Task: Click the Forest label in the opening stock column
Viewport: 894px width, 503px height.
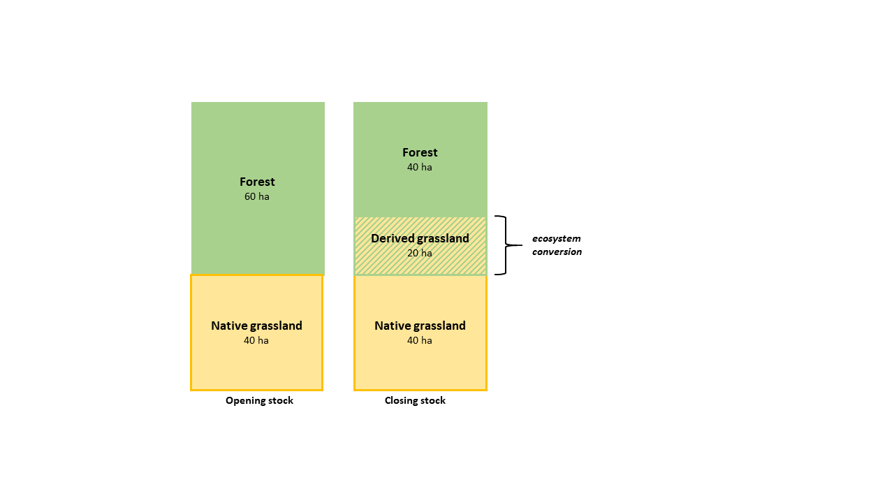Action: (x=257, y=182)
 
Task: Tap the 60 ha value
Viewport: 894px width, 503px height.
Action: (x=256, y=196)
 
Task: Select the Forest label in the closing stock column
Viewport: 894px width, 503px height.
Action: (x=420, y=152)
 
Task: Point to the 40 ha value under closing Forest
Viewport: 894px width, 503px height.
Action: (x=420, y=167)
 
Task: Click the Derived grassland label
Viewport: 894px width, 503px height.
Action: (x=420, y=238)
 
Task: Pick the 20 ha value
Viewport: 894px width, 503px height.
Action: (x=420, y=253)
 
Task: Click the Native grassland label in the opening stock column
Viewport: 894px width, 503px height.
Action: (x=256, y=326)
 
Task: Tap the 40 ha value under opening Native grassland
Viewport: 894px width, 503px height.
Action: (x=256, y=340)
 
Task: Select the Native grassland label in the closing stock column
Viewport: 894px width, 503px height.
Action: (x=420, y=326)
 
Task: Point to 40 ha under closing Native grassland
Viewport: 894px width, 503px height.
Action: (x=420, y=340)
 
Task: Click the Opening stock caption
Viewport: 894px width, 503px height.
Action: (x=259, y=400)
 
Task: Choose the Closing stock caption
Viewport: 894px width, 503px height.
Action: (x=415, y=400)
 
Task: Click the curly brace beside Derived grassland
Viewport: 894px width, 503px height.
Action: (x=506, y=245)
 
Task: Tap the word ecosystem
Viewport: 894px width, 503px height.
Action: (x=557, y=239)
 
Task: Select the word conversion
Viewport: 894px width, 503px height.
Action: (x=557, y=252)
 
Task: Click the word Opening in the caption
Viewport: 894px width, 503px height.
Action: (x=243, y=401)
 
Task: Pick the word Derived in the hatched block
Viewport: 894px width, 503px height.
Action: (x=393, y=238)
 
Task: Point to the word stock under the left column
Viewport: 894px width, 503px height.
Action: (x=279, y=400)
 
